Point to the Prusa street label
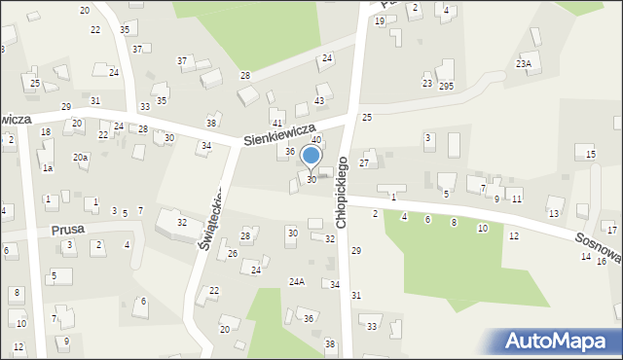click(68, 230)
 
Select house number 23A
click(524, 64)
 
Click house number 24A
click(297, 281)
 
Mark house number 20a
click(80, 157)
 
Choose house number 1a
click(47, 168)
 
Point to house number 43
click(319, 101)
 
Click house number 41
click(277, 123)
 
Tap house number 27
click(364, 163)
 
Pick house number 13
click(553, 213)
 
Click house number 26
click(233, 253)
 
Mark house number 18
click(45, 131)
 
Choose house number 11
click(517, 198)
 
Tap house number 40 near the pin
click(315, 140)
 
